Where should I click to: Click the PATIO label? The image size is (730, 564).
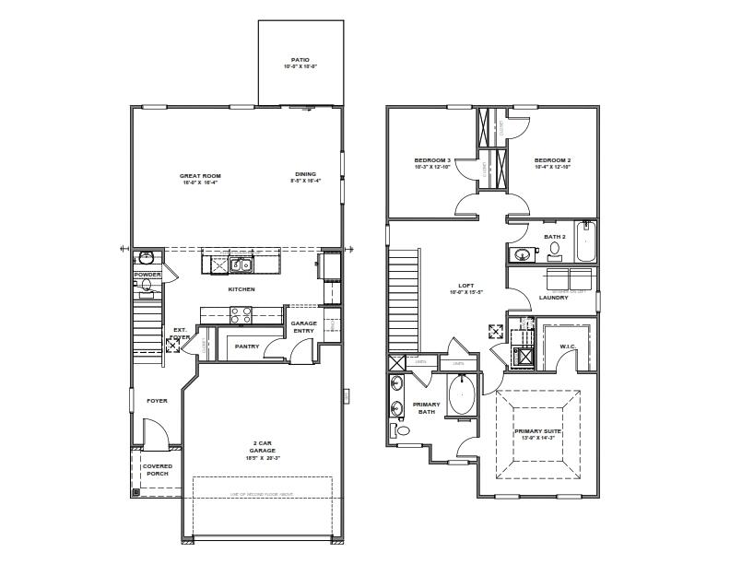pyautogui.click(x=300, y=60)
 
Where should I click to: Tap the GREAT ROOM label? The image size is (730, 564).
pyautogui.click(x=200, y=175)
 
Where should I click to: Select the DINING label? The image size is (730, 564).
pyautogui.click(x=305, y=175)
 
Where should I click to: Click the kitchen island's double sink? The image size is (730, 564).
pyautogui.click(x=241, y=265)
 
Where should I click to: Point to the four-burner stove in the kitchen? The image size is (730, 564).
pyautogui.click(x=241, y=312)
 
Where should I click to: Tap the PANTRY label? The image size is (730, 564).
pyautogui.click(x=246, y=347)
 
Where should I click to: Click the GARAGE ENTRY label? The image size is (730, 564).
pyautogui.click(x=304, y=327)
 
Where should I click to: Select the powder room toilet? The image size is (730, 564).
pyautogui.click(x=147, y=286)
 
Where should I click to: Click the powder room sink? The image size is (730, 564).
pyautogui.click(x=145, y=259)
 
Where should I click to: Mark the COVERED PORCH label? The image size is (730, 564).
pyautogui.click(x=157, y=469)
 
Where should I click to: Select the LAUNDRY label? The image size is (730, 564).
pyautogui.click(x=553, y=297)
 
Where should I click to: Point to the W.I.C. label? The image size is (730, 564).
pyautogui.click(x=567, y=347)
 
